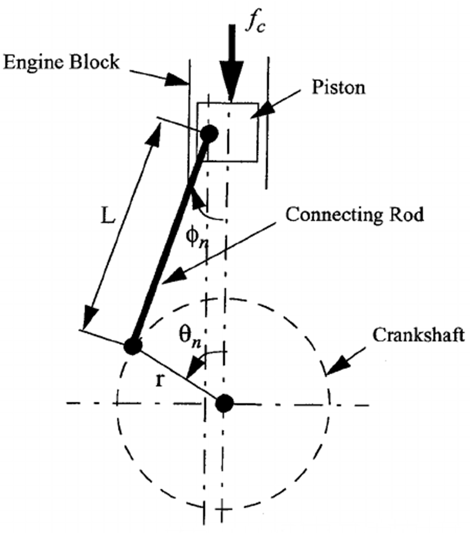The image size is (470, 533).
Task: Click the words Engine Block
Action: click(61, 62)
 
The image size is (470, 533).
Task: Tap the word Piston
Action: click(338, 88)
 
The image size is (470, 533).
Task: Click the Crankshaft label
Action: click(418, 335)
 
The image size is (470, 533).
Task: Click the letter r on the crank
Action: click(160, 380)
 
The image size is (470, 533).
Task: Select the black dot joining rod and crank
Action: click(133, 346)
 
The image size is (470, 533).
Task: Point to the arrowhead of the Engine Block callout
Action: click(176, 80)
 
